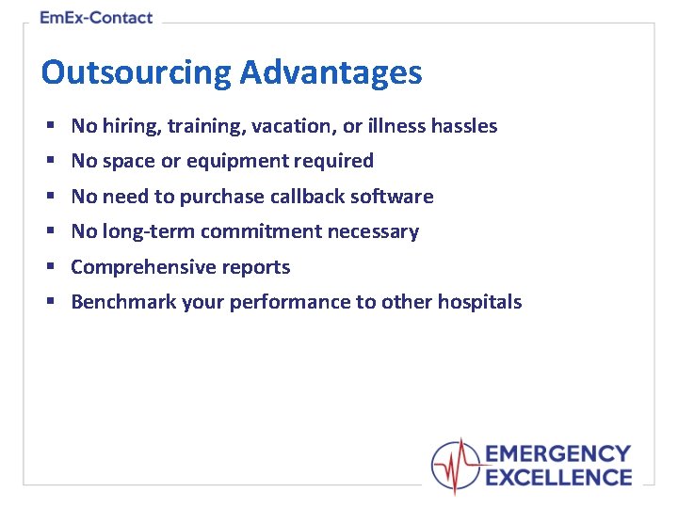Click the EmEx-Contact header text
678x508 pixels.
click(x=96, y=18)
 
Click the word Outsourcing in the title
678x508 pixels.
click(x=136, y=72)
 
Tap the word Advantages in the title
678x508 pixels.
click(x=331, y=72)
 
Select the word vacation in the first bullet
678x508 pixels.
click(x=280, y=126)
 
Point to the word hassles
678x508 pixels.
click(x=463, y=126)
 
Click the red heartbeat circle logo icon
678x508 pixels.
click(x=456, y=466)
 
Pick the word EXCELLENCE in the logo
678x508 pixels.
click(x=557, y=478)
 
